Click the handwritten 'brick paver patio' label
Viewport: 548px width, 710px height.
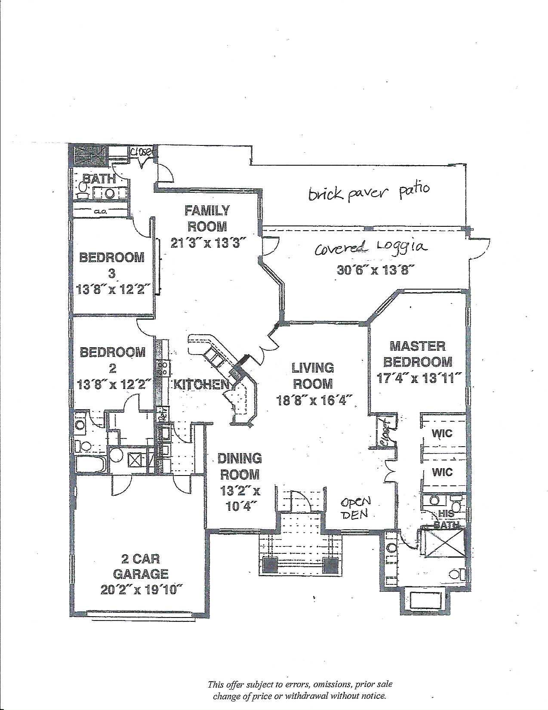pos(369,191)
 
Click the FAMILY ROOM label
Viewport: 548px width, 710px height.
pos(207,218)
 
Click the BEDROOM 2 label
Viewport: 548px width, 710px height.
pos(113,360)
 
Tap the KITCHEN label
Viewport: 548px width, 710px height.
pos(200,384)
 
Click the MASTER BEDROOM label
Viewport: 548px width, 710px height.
pos(418,354)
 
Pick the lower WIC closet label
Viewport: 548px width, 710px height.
pos(443,472)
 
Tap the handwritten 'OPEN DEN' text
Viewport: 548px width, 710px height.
pos(356,508)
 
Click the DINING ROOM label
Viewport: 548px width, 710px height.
pos(240,466)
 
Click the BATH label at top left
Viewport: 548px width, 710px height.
pos(99,179)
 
